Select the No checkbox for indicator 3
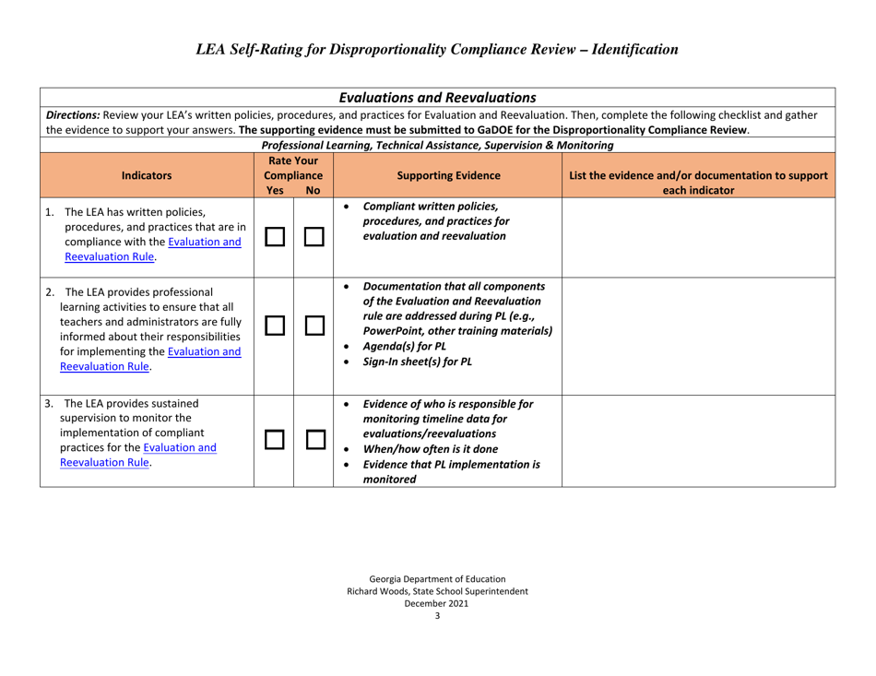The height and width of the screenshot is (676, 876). point(314,427)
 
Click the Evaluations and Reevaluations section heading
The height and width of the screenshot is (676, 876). point(438,96)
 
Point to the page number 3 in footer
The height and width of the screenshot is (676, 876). point(437,617)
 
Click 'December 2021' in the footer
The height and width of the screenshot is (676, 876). point(437,604)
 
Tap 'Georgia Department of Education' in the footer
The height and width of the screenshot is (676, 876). point(437,576)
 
